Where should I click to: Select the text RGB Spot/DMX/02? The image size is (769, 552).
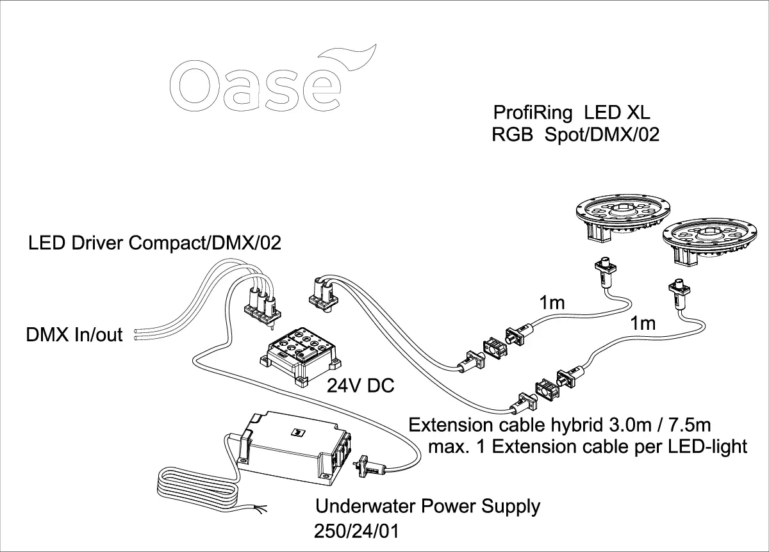point(575,136)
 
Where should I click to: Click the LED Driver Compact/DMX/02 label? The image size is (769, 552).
point(154,243)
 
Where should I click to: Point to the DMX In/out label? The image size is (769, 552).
point(74,334)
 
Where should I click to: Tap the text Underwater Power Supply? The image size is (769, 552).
point(428,507)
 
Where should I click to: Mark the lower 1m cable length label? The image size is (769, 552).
point(643,324)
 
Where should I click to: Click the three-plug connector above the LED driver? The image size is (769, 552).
point(263,304)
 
